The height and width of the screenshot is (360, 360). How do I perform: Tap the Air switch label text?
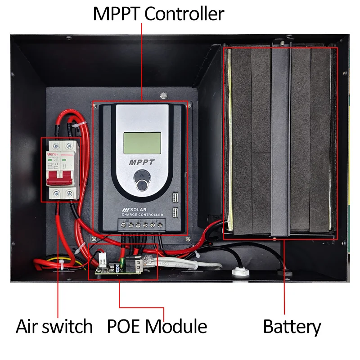coord(54,326)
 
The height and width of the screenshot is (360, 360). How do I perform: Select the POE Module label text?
coord(157,326)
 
